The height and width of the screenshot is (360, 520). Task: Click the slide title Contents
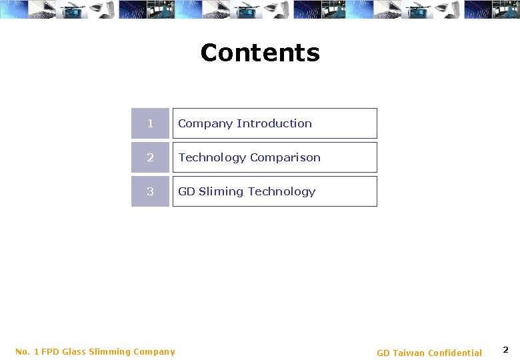[x=260, y=53]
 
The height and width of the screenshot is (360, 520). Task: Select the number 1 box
[x=150, y=123]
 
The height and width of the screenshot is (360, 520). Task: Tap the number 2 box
[x=150, y=157]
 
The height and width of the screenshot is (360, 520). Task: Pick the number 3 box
[x=150, y=191]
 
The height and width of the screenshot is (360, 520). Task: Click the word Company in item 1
[x=205, y=123]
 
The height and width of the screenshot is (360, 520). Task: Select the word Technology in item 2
[x=212, y=157]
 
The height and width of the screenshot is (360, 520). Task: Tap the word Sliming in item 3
[x=221, y=191]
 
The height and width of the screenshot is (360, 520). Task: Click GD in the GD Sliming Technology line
[x=187, y=191]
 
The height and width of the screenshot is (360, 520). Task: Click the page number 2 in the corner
[x=505, y=350]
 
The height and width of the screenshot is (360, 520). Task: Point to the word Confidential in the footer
[x=455, y=353]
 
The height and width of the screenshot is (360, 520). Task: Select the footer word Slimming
[x=111, y=351]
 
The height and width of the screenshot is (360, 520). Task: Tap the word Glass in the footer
[x=74, y=351]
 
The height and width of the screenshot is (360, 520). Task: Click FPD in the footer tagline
[x=50, y=351]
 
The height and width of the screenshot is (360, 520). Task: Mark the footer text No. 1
[x=27, y=351]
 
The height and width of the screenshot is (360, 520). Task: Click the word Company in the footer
[x=154, y=351]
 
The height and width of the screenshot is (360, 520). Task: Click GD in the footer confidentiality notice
[x=383, y=353]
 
